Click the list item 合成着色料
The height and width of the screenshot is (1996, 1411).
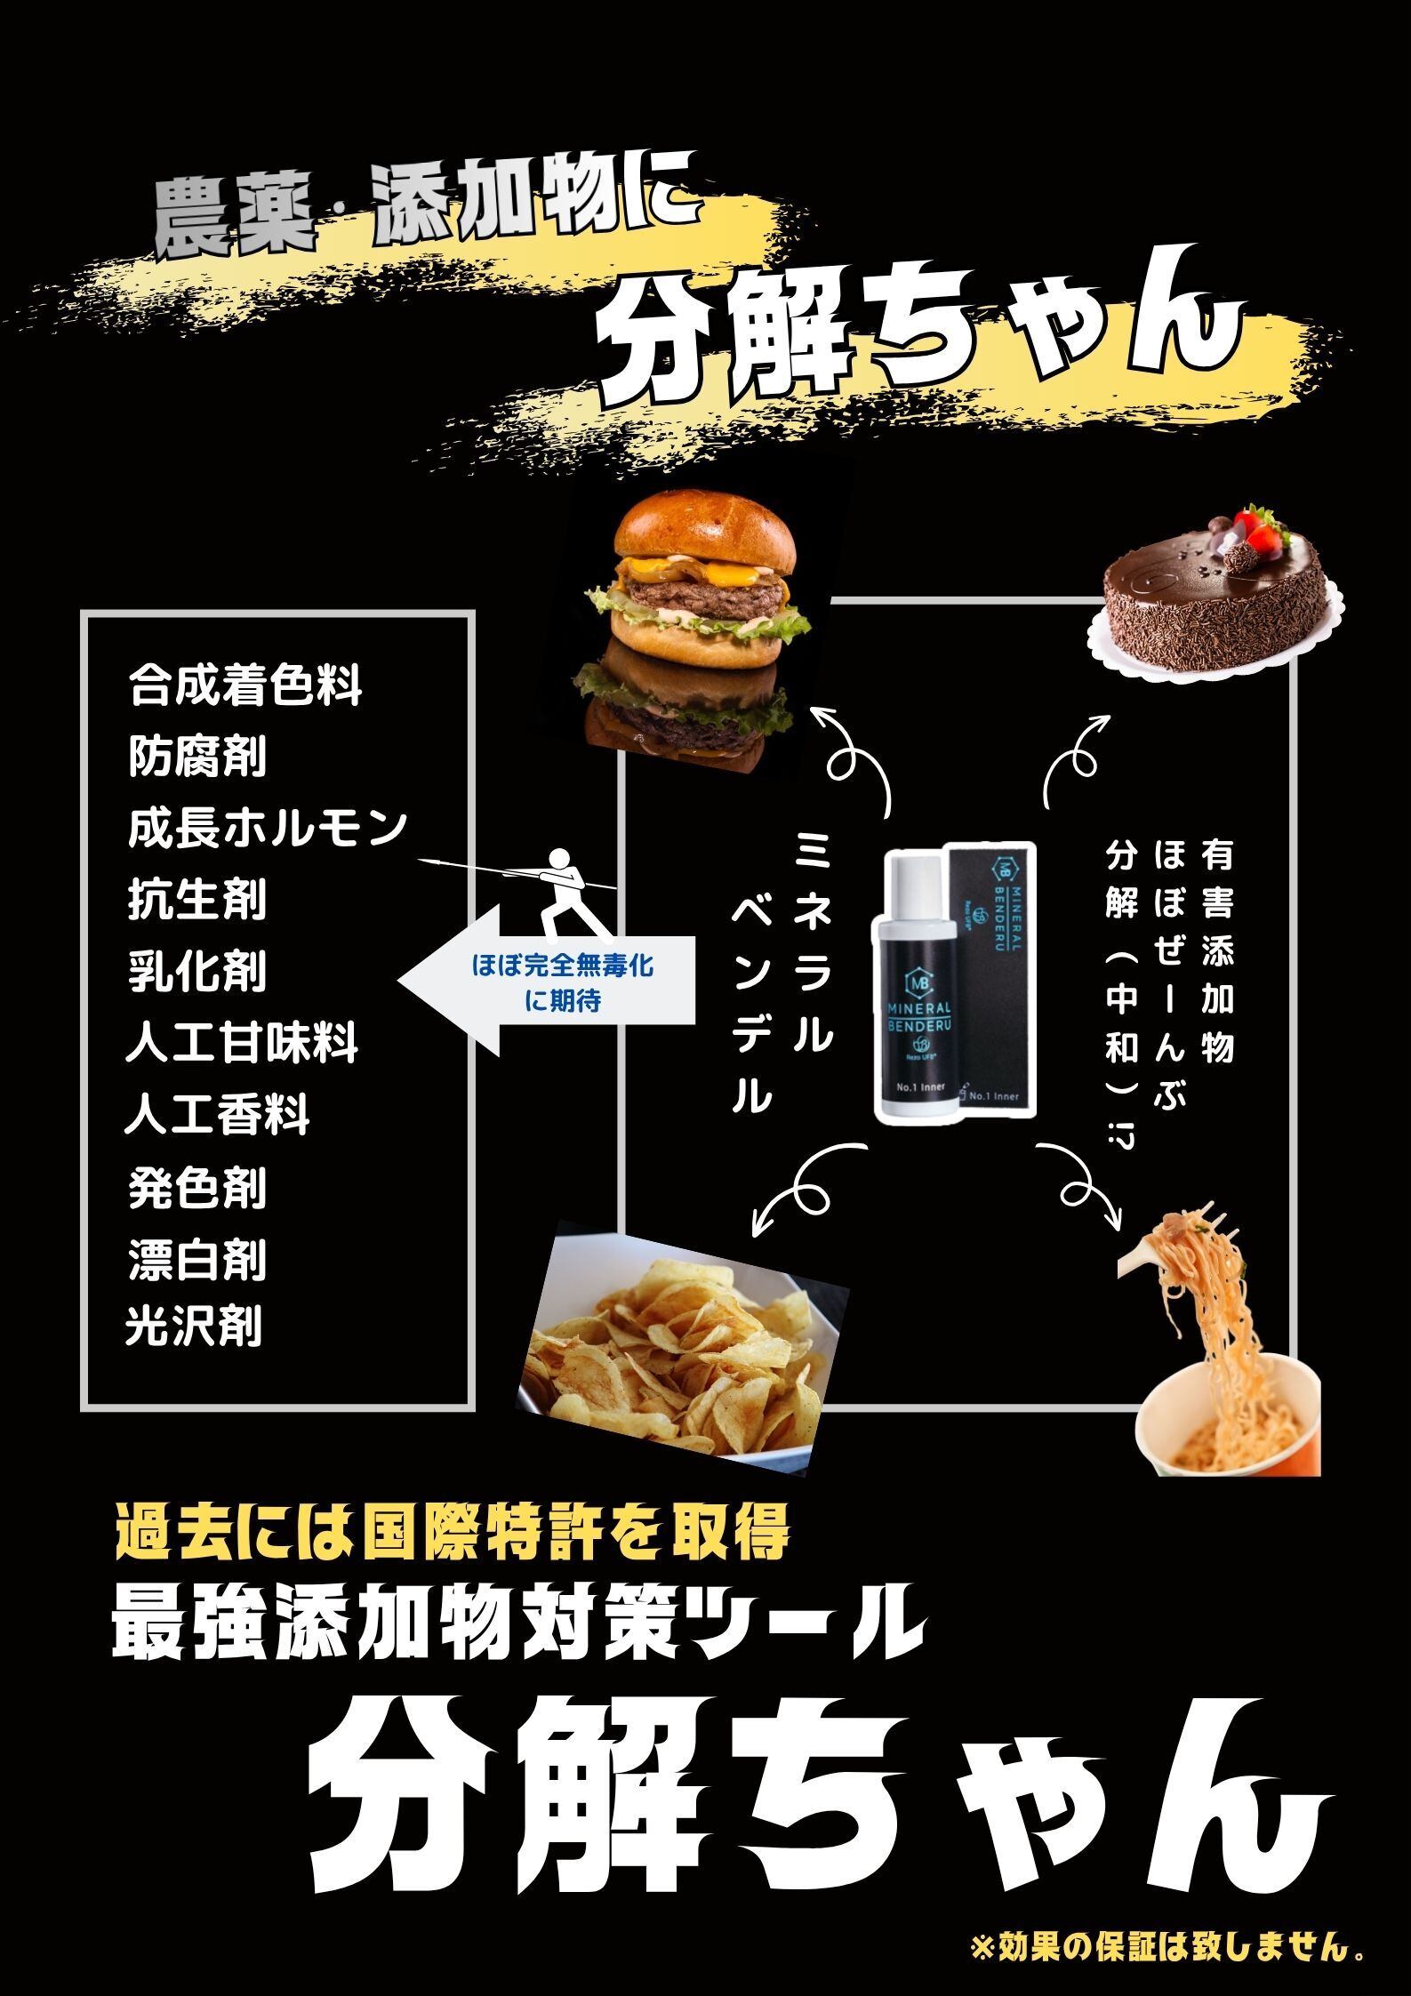click(x=245, y=686)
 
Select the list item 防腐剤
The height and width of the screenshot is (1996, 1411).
click(x=196, y=758)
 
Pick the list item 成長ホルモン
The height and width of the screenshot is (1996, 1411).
click(x=267, y=829)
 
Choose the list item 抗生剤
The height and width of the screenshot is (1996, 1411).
click(x=196, y=900)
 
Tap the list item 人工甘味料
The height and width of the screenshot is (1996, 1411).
click(x=242, y=1043)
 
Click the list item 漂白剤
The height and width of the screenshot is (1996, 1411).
click(x=196, y=1260)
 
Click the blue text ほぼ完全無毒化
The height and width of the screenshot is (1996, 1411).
click(x=563, y=966)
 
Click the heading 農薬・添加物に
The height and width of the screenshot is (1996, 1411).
click(x=422, y=213)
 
